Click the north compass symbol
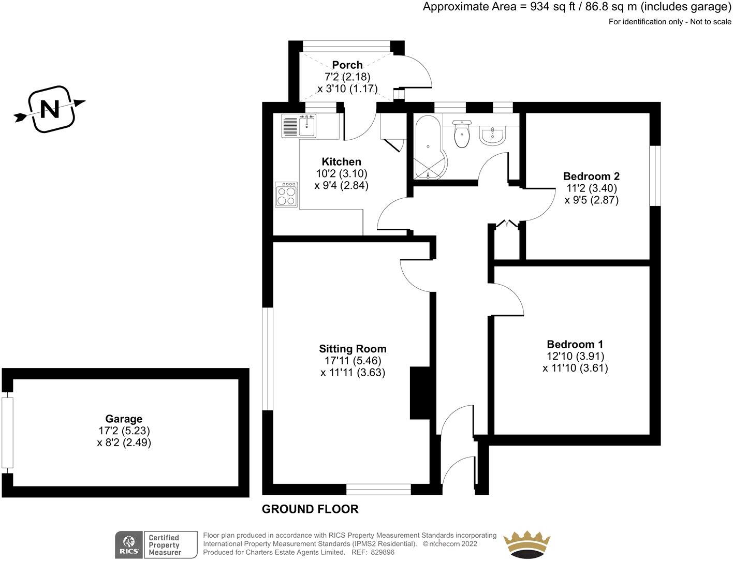(50, 109)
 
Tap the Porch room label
(347, 65)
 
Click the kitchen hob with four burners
(286, 195)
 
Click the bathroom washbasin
(492, 136)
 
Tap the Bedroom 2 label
(591, 176)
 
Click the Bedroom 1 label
(575, 344)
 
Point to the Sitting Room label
(353, 349)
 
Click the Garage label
(124, 419)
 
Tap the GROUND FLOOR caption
(310, 509)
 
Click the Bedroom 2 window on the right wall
(655, 176)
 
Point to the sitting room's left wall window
(267, 359)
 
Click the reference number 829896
(381, 552)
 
